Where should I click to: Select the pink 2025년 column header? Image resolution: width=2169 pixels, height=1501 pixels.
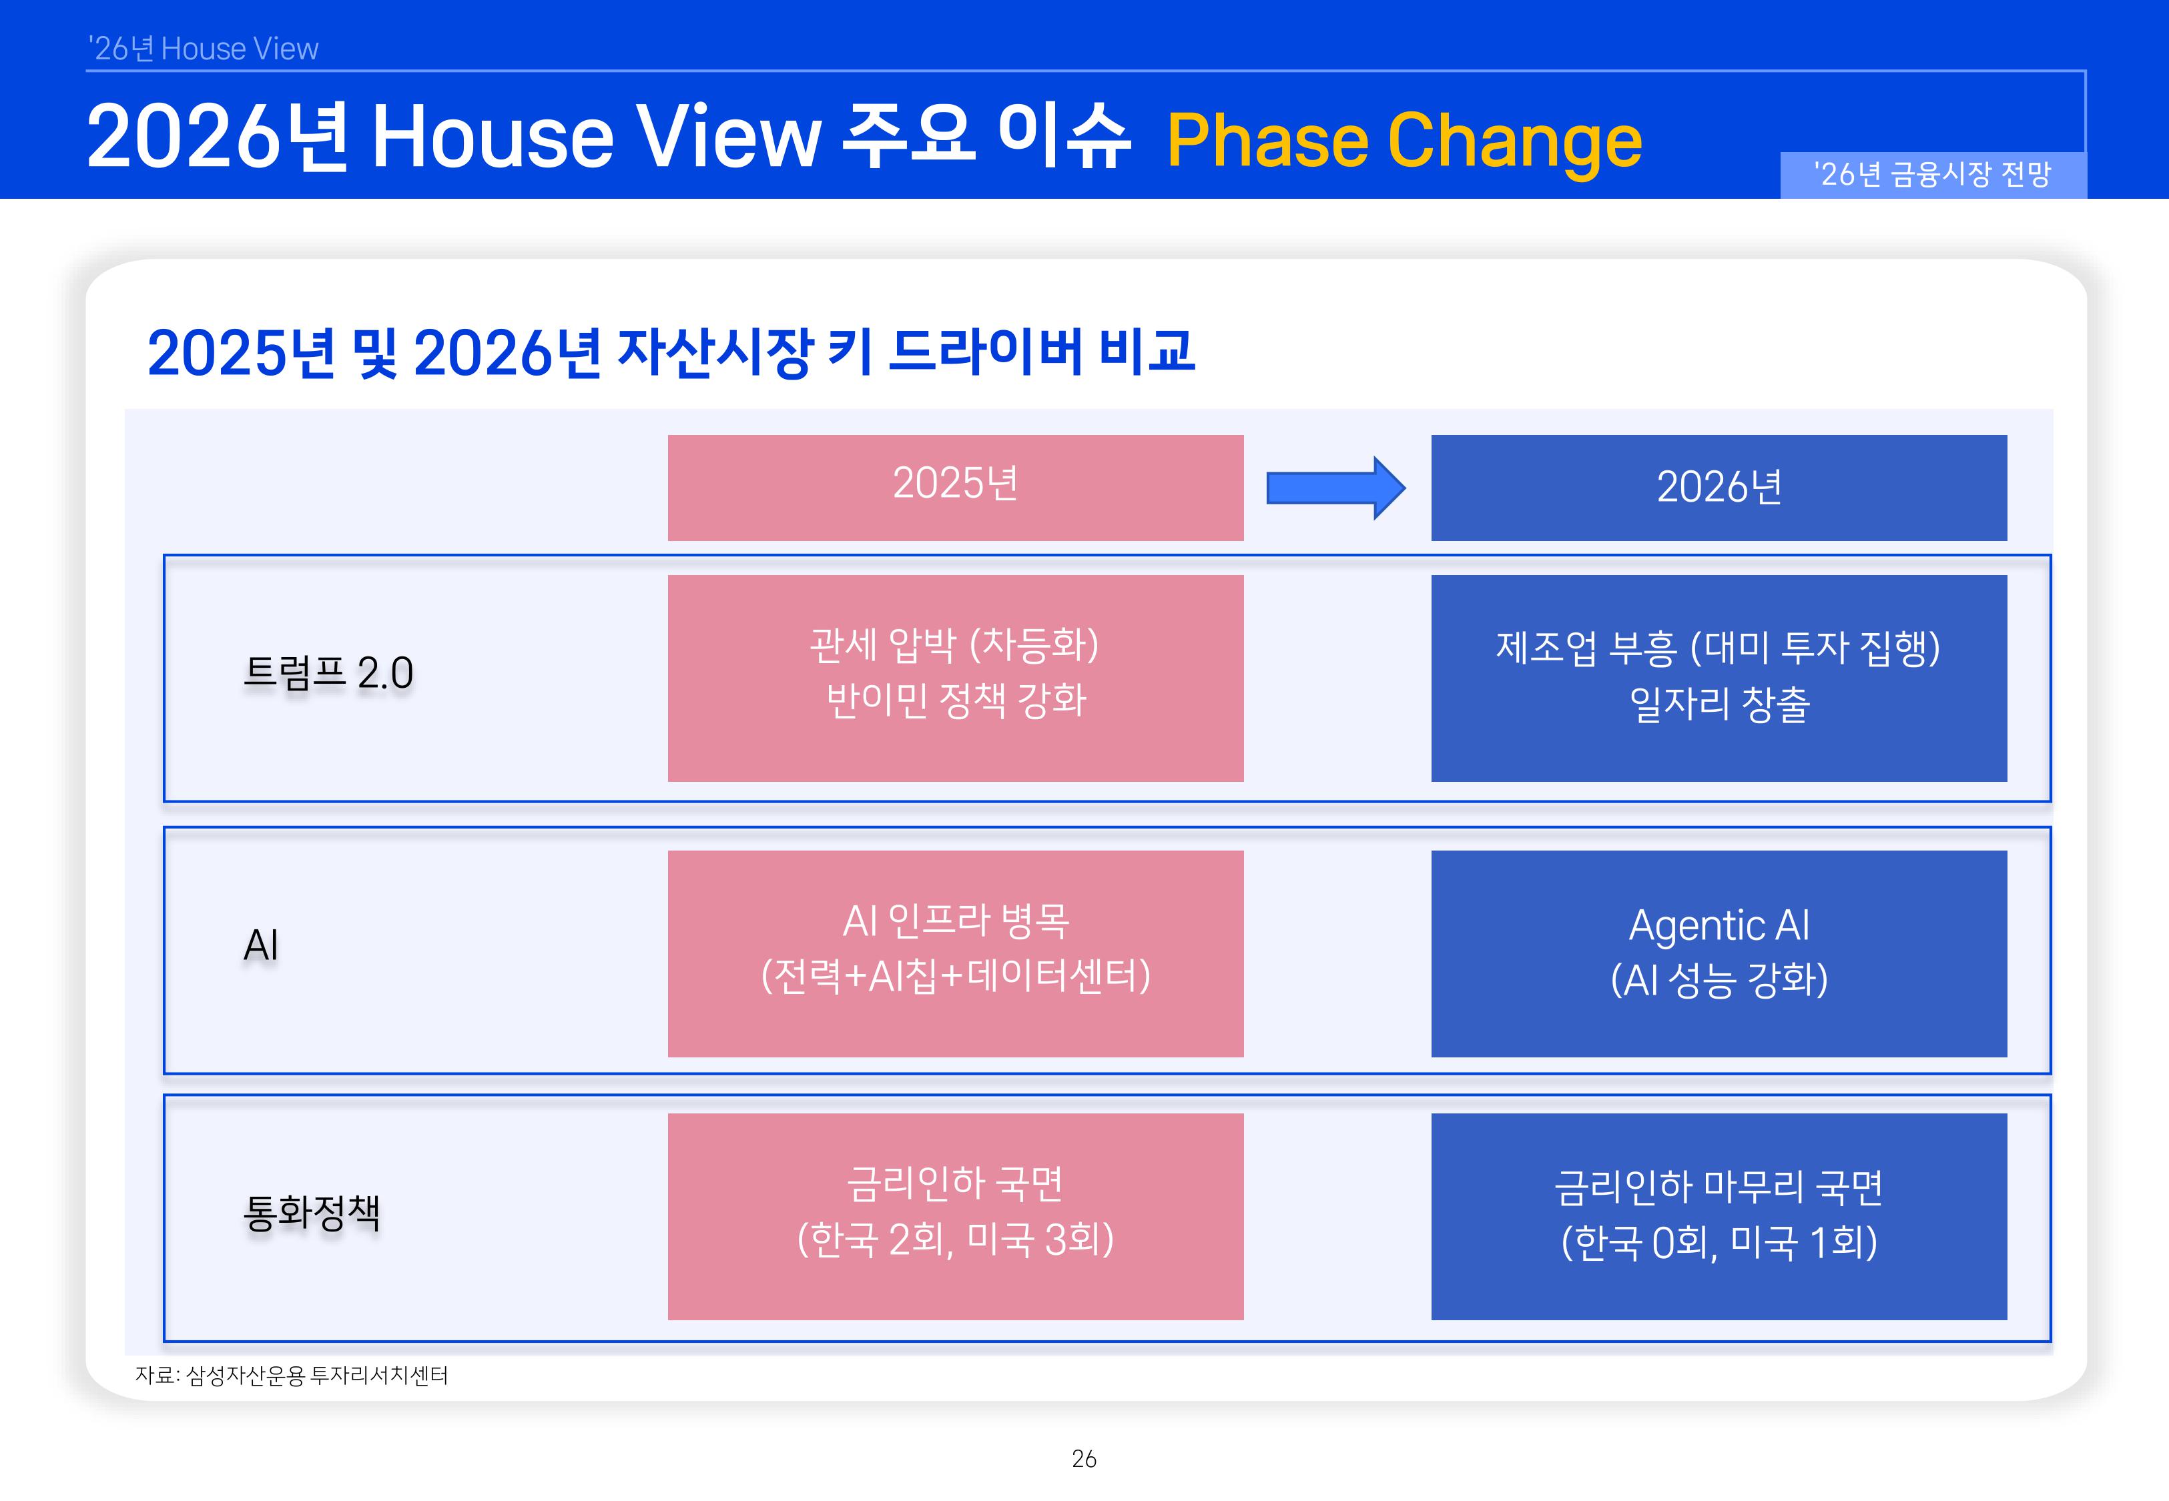(955, 486)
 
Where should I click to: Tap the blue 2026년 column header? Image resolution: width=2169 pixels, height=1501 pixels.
(1719, 487)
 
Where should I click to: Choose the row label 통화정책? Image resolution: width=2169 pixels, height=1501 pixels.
(312, 1212)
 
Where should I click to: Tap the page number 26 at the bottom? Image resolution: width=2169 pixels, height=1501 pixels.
(1084, 1459)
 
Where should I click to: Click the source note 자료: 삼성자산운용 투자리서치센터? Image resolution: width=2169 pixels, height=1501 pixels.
(292, 1375)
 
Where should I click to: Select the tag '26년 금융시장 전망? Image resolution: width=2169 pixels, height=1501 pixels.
(1932, 175)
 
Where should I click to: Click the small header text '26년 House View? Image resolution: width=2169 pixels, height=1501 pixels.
(203, 49)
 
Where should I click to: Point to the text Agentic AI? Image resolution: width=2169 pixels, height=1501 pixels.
(1719, 925)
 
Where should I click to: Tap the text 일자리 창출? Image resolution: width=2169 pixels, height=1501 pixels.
(1719, 704)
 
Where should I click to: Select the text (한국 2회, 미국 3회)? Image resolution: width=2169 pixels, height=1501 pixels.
(956, 1239)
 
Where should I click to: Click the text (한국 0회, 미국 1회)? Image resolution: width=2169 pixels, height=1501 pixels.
(1719, 1242)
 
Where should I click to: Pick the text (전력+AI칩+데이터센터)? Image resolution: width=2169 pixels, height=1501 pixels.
(956, 976)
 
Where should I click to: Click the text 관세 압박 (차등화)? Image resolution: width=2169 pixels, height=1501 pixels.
(956, 645)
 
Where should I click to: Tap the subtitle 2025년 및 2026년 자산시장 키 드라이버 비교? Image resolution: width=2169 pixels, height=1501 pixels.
(671, 353)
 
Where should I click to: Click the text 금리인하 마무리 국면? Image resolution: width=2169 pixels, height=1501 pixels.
(1719, 1187)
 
